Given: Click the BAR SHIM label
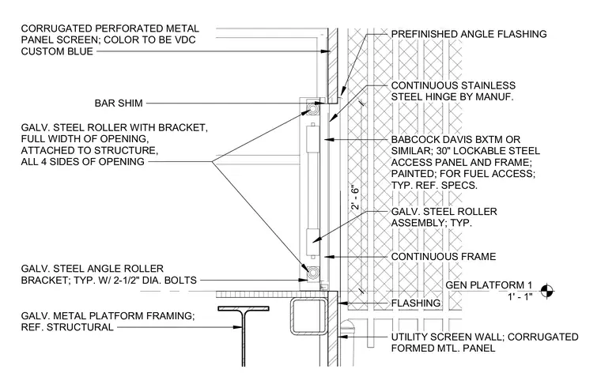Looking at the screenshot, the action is coord(119,103).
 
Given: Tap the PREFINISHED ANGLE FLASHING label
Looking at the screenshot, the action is coord(469,34).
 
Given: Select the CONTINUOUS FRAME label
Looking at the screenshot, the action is coord(444,256).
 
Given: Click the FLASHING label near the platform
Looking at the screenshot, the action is coord(416,303).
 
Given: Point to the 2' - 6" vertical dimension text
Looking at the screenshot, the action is coord(355,198).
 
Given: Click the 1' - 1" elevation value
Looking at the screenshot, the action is coord(520,297).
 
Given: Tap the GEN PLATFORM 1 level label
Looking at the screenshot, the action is coord(489,285).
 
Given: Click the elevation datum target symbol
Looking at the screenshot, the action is coord(547,291).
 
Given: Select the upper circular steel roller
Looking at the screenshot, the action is coord(313,108).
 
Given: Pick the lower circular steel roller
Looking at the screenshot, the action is coord(313,273).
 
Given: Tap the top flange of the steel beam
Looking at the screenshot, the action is coord(244,308).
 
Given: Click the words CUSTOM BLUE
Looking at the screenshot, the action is coord(57,51).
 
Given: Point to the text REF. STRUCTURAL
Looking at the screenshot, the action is coord(67,327).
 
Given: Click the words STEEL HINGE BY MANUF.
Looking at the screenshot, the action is coord(452,96).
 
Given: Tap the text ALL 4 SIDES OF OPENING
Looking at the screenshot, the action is coord(83,162).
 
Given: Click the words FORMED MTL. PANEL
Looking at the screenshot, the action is coord(443,348).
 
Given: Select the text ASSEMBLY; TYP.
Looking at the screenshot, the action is coord(431,223).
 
